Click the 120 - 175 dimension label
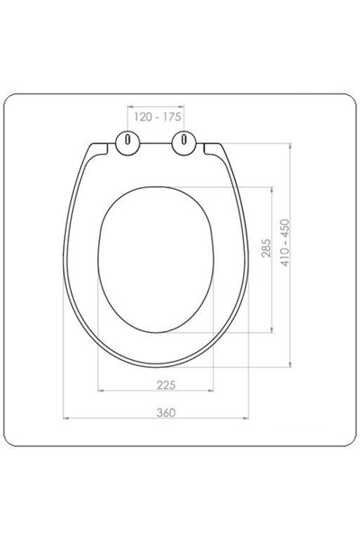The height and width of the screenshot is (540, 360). [157, 117]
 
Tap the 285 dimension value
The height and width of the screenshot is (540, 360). [266, 247]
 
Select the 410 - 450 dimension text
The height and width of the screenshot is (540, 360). [285, 242]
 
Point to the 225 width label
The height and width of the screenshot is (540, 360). [166, 384]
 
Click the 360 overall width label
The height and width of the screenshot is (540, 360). [166, 412]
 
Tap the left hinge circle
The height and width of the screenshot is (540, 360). [128, 143]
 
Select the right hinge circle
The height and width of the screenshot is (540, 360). [184, 143]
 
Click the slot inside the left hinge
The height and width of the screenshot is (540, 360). [128, 139]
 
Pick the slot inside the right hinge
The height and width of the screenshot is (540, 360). [184, 139]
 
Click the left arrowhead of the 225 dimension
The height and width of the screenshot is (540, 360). [101, 391]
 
